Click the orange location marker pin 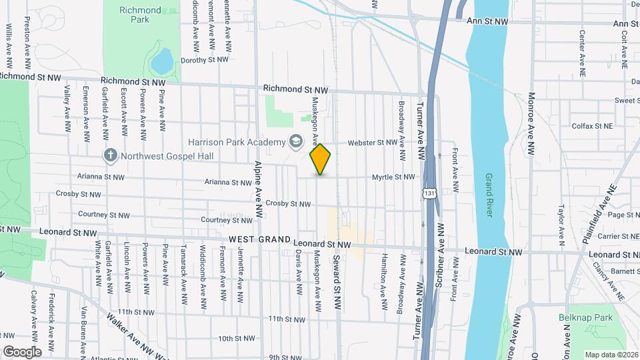321,159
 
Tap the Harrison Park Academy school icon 294,141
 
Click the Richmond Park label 140,15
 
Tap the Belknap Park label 586,317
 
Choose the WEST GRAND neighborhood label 259,239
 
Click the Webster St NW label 373,142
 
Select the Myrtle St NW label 393,177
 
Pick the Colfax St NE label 591,125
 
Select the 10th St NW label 237,338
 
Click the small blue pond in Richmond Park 161,62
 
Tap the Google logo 22,351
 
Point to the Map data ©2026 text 611,355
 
